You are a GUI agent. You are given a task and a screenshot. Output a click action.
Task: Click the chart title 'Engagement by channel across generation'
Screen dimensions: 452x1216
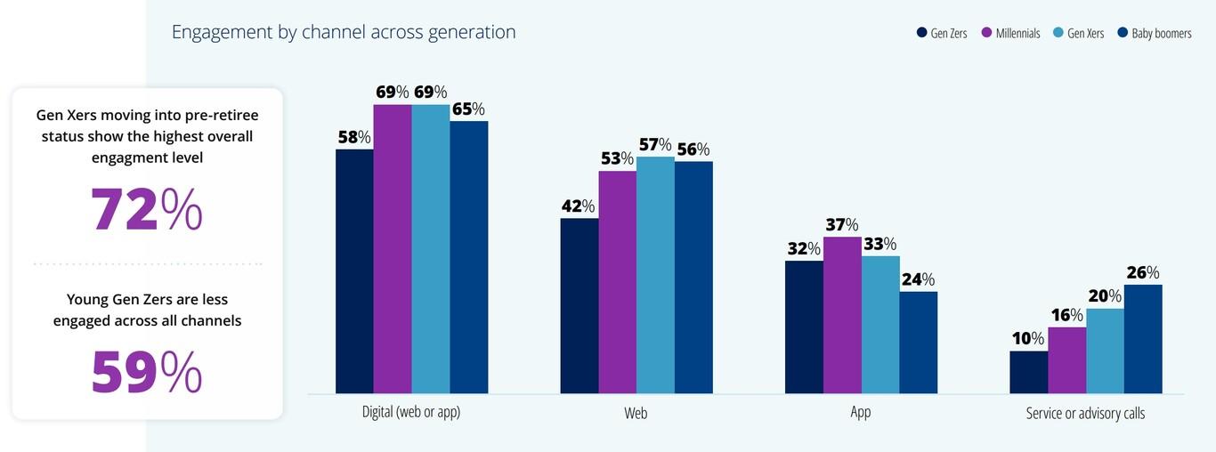(344, 32)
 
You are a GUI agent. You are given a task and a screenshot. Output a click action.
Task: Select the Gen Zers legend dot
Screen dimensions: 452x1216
(922, 34)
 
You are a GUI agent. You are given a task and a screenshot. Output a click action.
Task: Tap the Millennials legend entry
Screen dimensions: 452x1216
(1010, 34)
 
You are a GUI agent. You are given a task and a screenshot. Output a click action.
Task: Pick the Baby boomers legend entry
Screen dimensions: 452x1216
(1154, 34)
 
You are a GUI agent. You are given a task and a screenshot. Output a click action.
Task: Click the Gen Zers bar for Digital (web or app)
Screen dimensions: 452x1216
(354, 271)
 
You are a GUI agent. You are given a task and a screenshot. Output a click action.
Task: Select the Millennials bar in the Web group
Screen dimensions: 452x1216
(617, 282)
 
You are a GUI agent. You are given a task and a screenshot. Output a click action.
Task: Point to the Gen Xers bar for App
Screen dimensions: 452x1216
(880, 325)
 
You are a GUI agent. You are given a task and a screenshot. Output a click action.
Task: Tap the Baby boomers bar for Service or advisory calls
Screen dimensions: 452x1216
(1143, 339)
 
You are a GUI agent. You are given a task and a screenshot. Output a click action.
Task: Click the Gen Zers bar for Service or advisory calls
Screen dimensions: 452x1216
(1028, 372)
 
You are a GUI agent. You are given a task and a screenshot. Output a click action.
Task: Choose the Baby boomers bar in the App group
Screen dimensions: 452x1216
(918, 343)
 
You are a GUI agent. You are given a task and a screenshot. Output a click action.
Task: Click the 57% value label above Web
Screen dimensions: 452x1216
(654, 144)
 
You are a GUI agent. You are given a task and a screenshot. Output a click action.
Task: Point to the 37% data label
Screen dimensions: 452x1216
(841, 225)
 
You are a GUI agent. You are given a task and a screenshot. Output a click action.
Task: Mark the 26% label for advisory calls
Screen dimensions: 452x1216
(1143, 272)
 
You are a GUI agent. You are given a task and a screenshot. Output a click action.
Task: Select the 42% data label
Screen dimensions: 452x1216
(578, 206)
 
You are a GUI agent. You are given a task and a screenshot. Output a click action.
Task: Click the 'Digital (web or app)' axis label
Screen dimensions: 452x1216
(411, 413)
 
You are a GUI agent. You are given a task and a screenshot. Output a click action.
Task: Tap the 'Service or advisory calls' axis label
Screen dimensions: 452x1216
(1085, 413)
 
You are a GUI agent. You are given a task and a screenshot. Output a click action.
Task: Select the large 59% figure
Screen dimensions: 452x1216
(147, 373)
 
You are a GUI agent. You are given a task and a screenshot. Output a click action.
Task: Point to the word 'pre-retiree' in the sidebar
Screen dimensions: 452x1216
(219, 116)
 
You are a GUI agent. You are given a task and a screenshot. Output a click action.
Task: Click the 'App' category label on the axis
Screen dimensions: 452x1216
(861, 413)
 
